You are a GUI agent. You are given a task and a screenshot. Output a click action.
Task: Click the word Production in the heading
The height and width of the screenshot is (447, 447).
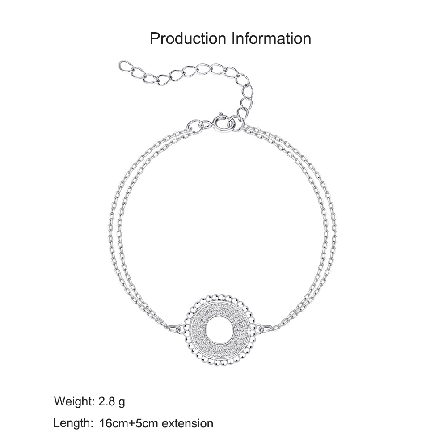tap(188, 38)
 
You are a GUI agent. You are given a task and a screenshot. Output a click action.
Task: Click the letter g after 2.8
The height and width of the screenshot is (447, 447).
tap(122, 403)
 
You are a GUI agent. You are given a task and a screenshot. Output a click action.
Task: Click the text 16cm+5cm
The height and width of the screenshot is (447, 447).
tap(128, 423)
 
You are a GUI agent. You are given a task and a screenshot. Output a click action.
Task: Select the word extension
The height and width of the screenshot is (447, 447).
tap(188, 423)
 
